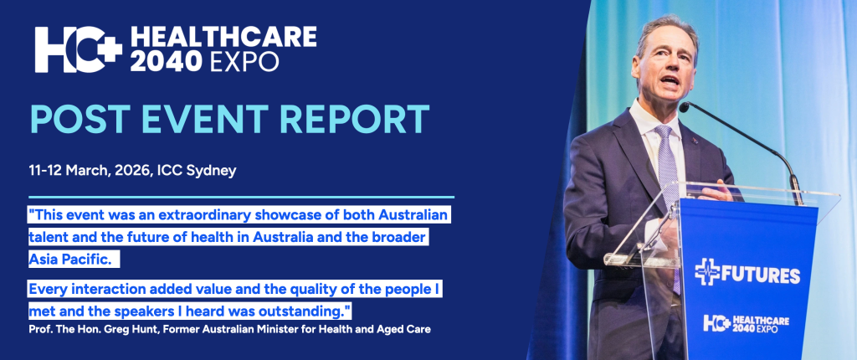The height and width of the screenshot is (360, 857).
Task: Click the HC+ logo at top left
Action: [77, 49]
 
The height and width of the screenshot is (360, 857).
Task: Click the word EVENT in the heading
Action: [213, 120]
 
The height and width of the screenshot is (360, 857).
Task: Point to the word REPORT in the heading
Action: [364, 120]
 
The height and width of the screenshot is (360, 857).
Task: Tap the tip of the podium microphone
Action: [684, 108]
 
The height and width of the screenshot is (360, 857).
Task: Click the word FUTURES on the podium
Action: [760, 274]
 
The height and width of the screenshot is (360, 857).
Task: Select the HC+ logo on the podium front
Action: [716, 323]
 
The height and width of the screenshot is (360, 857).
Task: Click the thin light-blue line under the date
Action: [241, 198]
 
